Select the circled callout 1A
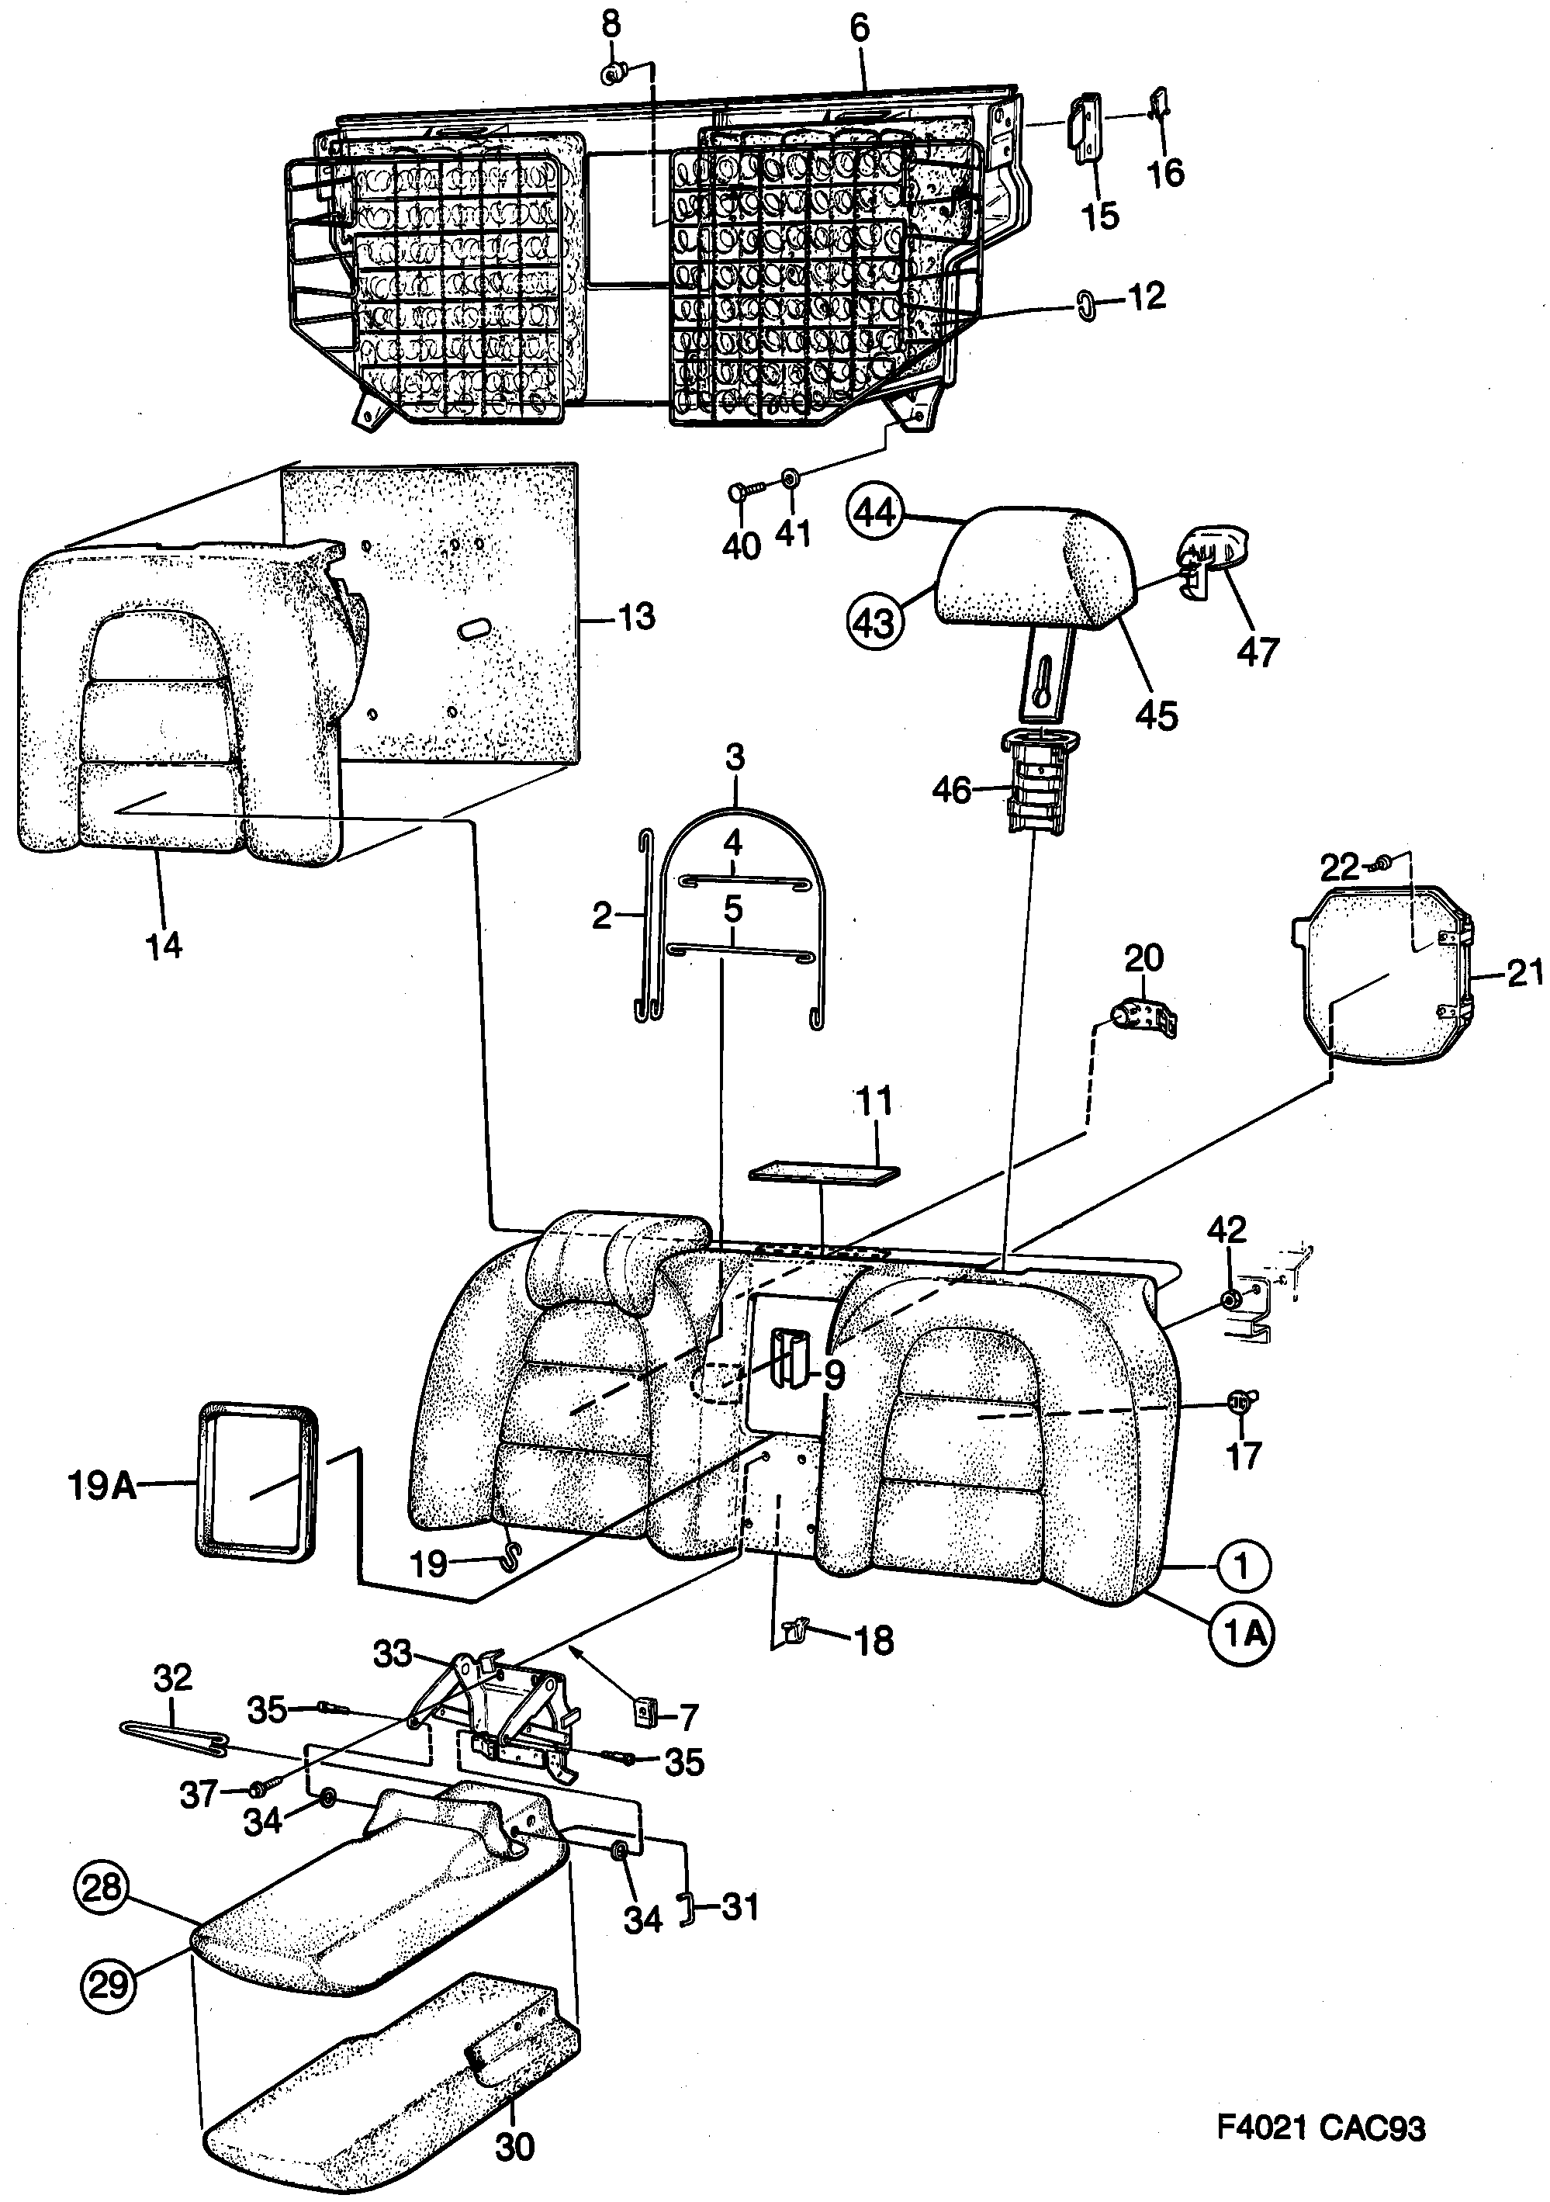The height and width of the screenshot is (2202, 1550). [1244, 1632]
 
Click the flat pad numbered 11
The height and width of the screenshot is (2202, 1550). [824, 1172]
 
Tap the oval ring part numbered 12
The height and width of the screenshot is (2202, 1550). [1088, 307]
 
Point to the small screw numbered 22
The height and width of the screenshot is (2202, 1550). [1382, 862]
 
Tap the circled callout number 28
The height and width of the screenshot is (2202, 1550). [101, 1888]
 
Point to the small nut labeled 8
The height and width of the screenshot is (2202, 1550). [612, 72]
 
